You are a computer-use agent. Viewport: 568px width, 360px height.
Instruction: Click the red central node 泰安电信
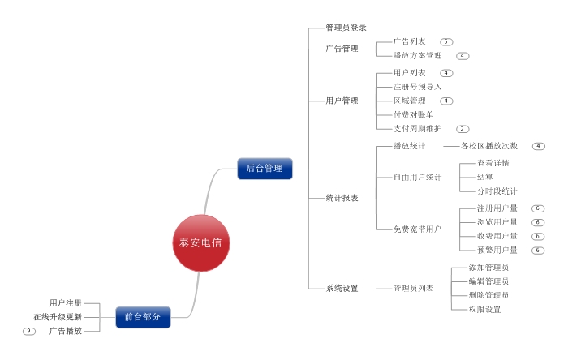[201, 242]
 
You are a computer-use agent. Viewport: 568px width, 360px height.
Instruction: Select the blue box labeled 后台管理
[265, 168]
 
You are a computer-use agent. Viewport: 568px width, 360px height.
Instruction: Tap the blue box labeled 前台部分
[143, 317]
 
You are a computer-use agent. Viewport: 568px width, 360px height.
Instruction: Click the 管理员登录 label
[346, 28]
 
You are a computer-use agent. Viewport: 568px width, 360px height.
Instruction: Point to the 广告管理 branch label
[342, 49]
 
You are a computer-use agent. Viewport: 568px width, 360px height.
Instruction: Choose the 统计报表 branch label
[342, 197]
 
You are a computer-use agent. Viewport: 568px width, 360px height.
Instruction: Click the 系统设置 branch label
[342, 288]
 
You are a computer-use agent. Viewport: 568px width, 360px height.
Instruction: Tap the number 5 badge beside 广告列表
[446, 41]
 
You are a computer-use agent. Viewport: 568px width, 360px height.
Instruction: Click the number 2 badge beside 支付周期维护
[463, 129]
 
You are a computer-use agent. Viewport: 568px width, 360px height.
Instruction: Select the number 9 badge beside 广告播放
[29, 331]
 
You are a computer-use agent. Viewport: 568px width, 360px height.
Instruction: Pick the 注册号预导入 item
[417, 86]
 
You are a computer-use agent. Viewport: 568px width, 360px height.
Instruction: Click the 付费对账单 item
[413, 114]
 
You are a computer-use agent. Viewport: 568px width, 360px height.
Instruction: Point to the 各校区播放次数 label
[489, 146]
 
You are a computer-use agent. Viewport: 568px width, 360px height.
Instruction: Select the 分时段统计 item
[497, 191]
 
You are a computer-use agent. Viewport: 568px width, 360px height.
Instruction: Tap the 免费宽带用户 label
[417, 229]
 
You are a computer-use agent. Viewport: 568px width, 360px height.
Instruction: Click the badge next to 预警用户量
[537, 250]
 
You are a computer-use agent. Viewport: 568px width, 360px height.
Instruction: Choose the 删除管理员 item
[488, 295]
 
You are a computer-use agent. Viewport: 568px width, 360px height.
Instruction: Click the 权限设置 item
[484, 309]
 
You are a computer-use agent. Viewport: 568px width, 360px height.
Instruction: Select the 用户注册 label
[66, 302]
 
